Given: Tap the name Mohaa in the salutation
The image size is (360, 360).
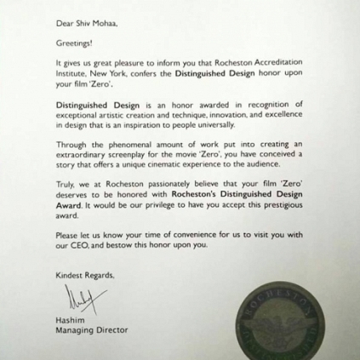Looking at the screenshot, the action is [x=106, y=14].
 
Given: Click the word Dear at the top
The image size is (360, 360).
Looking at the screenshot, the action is [x=65, y=14].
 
